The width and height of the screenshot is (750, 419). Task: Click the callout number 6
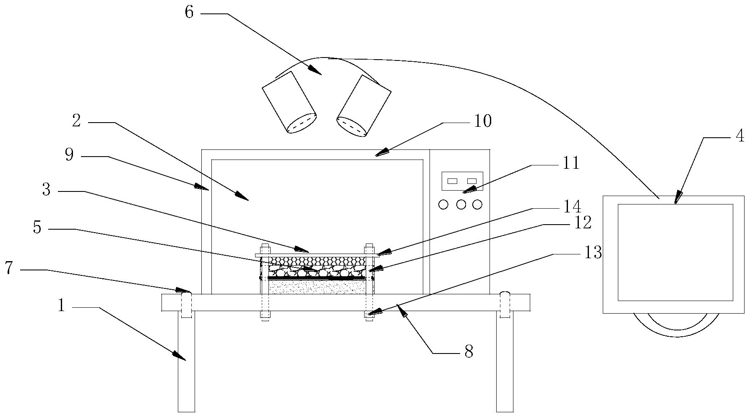[x=189, y=13]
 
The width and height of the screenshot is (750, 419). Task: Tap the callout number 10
[x=482, y=122]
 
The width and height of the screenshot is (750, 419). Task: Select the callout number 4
[x=740, y=136]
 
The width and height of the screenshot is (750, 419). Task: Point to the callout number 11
[x=570, y=163]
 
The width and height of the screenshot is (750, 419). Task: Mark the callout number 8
[x=469, y=352]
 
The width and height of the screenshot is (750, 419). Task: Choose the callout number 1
[x=61, y=306]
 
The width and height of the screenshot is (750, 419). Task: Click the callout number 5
[x=37, y=228]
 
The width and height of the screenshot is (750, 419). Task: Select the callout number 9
[x=70, y=155]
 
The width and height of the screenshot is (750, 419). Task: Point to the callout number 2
[x=76, y=121]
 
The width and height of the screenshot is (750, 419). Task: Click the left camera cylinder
[x=289, y=102]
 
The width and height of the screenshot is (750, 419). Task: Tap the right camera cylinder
[x=364, y=106]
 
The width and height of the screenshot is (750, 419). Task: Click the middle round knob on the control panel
[x=461, y=204]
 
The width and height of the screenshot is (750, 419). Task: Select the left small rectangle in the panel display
[x=452, y=181]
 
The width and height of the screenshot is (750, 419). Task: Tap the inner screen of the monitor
[x=675, y=252]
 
